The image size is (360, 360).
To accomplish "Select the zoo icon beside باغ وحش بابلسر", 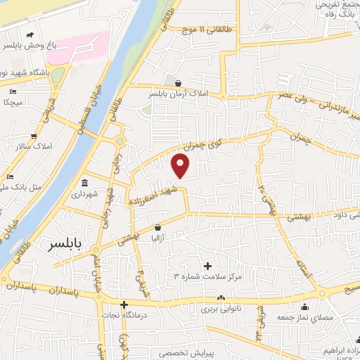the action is pyautogui.click(x=27, y=35).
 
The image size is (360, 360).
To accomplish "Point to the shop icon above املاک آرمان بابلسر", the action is pyautogui.click(x=178, y=82).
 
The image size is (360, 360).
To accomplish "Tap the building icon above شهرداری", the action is pyautogui.click(x=85, y=184).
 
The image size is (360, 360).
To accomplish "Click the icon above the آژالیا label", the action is pyautogui.click(x=158, y=227).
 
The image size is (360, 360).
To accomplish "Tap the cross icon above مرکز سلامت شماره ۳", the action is pyautogui.click(x=207, y=266).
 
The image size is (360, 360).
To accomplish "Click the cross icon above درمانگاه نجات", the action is pyautogui.click(x=124, y=305).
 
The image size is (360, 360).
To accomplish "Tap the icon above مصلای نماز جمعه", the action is pyautogui.click(x=304, y=307).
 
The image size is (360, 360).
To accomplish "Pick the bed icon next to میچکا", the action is pyautogui.click(x=12, y=91).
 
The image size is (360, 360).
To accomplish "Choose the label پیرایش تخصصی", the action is pyautogui.click(x=184, y=353).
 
